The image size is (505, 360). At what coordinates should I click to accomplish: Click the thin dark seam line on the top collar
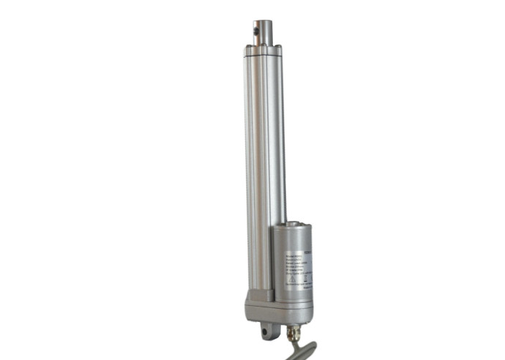pyautogui.click(x=263, y=53)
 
